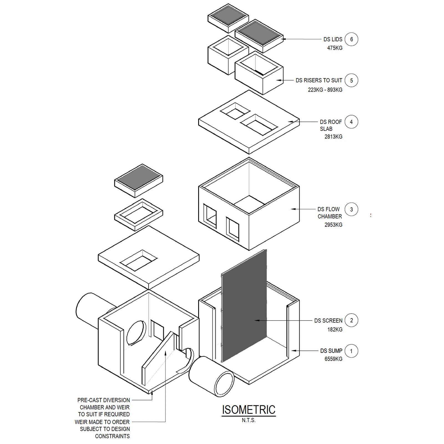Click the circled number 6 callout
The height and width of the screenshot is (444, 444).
[351, 39]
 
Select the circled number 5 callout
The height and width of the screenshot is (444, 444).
[351, 80]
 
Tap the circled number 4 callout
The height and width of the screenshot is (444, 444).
[351, 122]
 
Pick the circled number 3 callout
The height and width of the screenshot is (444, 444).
[351, 209]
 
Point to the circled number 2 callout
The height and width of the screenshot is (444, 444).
[351, 320]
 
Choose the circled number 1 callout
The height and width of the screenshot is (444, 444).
[351, 351]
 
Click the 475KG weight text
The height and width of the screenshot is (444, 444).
[335, 48]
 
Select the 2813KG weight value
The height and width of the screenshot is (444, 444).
[333, 137]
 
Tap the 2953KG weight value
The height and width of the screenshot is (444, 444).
[333, 225]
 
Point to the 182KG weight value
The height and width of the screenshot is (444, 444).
[335, 330]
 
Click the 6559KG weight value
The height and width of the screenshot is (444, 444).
[333, 359]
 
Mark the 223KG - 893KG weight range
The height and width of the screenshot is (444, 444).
[325, 90]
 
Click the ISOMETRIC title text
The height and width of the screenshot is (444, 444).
[249, 410]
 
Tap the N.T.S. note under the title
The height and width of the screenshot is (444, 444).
[249, 420]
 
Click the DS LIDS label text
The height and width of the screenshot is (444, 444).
[333, 39]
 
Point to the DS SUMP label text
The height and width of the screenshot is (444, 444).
[331, 351]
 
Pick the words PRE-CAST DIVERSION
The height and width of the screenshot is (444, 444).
[104, 400]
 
